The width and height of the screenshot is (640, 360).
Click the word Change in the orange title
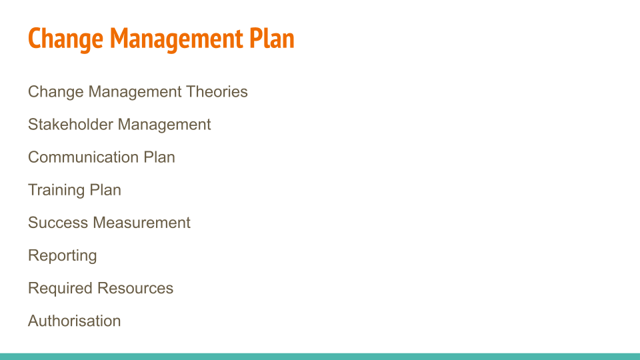pyautogui.click(x=65, y=39)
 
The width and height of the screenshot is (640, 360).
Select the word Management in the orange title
pyautogui.click(x=176, y=39)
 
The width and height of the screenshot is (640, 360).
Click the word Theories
pyautogui.click(x=217, y=91)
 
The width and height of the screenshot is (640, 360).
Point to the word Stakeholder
pyautogui.click(x=71, y=124)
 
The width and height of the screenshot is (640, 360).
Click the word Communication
pyautogui.click(x=83, y=157)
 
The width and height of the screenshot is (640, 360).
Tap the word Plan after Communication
pyautogui.click(x=159, y=157)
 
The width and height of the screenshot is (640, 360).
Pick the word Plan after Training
pyautogui.click(x=105, y=190)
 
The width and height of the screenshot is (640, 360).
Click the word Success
pyautogui.click(x=58, y=223)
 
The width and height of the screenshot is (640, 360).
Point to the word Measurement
pyautogui.click(x=141, y=223)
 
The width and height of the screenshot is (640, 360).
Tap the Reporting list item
pyautogui.click(x=63, y=256)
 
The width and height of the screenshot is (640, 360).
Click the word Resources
pyautogui.click(x=135, y=288)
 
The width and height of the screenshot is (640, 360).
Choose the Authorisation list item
pyautogui.click(x=74, y=321)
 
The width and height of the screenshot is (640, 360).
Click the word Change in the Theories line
pyautogui.click(x=56, y=92)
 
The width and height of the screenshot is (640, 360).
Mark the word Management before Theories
pyautogui.click(x=135, y=92)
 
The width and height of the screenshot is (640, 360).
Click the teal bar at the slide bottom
pyautogui.click(x=320, y=356)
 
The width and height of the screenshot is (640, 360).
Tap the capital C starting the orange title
pyautogui.click(x=34, y=39)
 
